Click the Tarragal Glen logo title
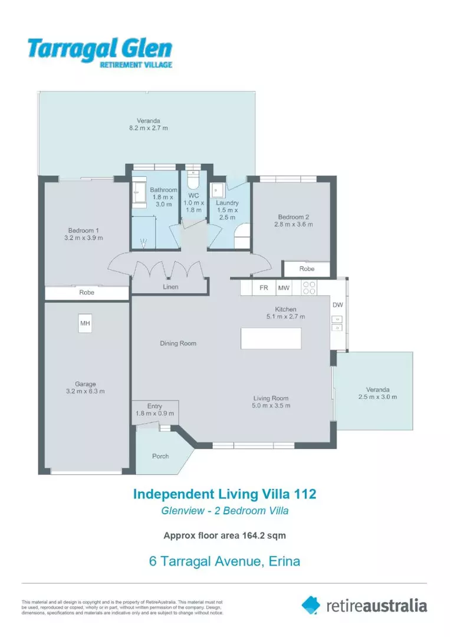click(99, 48)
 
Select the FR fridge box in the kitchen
click(264, 288)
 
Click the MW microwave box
click(284, 288)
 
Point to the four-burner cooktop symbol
click(309, 288)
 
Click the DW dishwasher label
click(337, 305)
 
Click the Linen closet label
click(170, 287)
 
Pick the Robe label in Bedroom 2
click(307, 269)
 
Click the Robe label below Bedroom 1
click(87, 293)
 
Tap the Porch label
click(160, 456)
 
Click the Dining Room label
click(178, 343)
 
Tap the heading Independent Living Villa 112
click(225, 493)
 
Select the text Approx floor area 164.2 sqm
click(225, 536)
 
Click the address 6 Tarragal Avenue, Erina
click(225, 561)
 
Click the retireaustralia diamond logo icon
click(311, 605)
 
